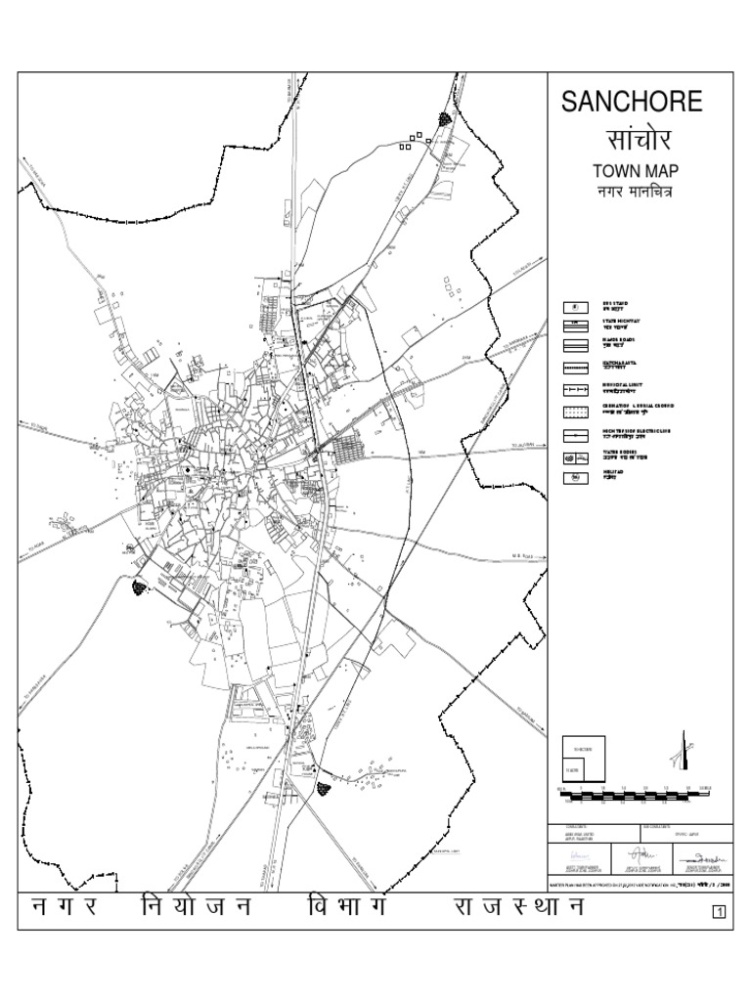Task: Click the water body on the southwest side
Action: [x=140, y=587]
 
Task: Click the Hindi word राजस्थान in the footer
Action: [x=517, y=907]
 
